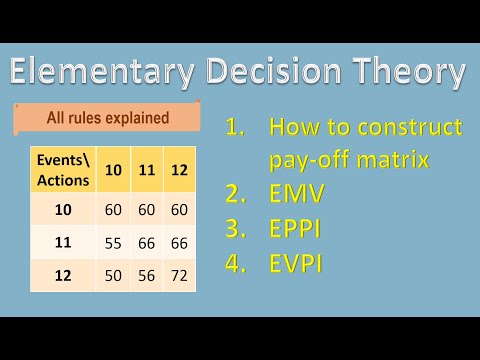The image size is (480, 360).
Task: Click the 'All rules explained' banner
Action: click(108, 118)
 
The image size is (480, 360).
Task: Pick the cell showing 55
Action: click(114, 241)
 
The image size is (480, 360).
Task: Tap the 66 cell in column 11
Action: click(147, 241)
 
